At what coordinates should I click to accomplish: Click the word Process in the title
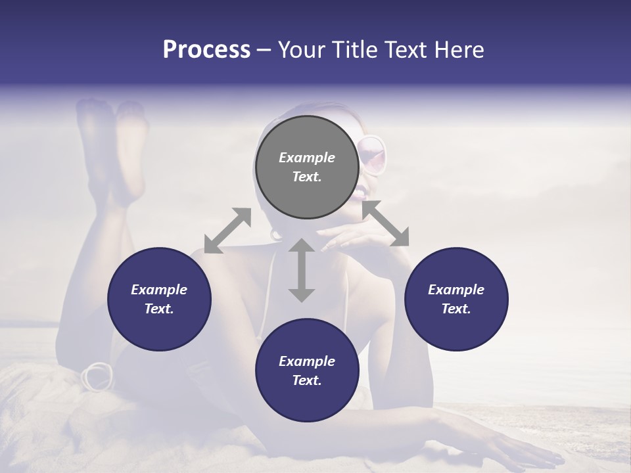[206, 50]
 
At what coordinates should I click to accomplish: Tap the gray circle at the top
[306, 167]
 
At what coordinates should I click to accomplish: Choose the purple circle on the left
[159, 299]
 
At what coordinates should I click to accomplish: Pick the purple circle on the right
[456, 299]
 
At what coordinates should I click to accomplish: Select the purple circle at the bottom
[306, 371]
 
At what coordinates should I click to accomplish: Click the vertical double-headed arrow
[302, 270]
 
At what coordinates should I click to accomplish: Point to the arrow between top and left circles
[227, 230]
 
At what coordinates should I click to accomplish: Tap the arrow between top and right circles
[386, 223]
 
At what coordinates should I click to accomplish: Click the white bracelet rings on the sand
[97, 376]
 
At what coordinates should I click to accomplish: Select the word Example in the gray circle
[306, 158]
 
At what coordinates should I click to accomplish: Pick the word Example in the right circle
[456, 290]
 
